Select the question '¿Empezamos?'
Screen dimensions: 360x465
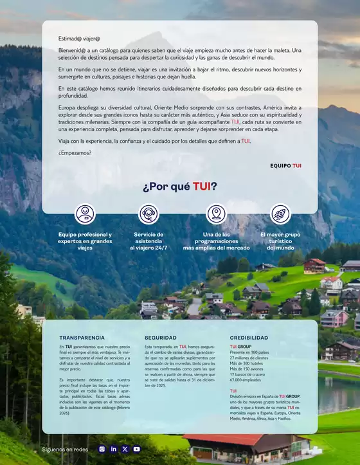tap(75, 152)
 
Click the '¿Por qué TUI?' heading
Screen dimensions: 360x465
tap(179, 187)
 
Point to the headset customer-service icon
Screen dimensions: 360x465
tap(149, 214)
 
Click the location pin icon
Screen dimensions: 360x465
tap(216, 214)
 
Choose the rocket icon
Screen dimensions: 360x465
tap(280, 214)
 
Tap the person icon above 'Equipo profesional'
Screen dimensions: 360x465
tap(85, 214)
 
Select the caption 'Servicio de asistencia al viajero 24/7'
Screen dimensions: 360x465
tap(148, 241)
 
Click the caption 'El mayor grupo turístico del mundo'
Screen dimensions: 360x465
tap(280, 241)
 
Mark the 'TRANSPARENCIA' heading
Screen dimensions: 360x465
tap(82, 337)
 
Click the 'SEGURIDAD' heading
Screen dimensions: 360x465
tap(161, 337)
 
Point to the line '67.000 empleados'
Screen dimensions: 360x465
tap(248, 380)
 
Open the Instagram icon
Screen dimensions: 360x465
tap(102, 449)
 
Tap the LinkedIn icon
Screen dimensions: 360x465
tap(113, 449)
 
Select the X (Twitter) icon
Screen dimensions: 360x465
tap(125, 449)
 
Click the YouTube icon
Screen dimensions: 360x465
tap(136, 449)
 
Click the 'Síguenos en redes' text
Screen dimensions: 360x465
tap(65, 450)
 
